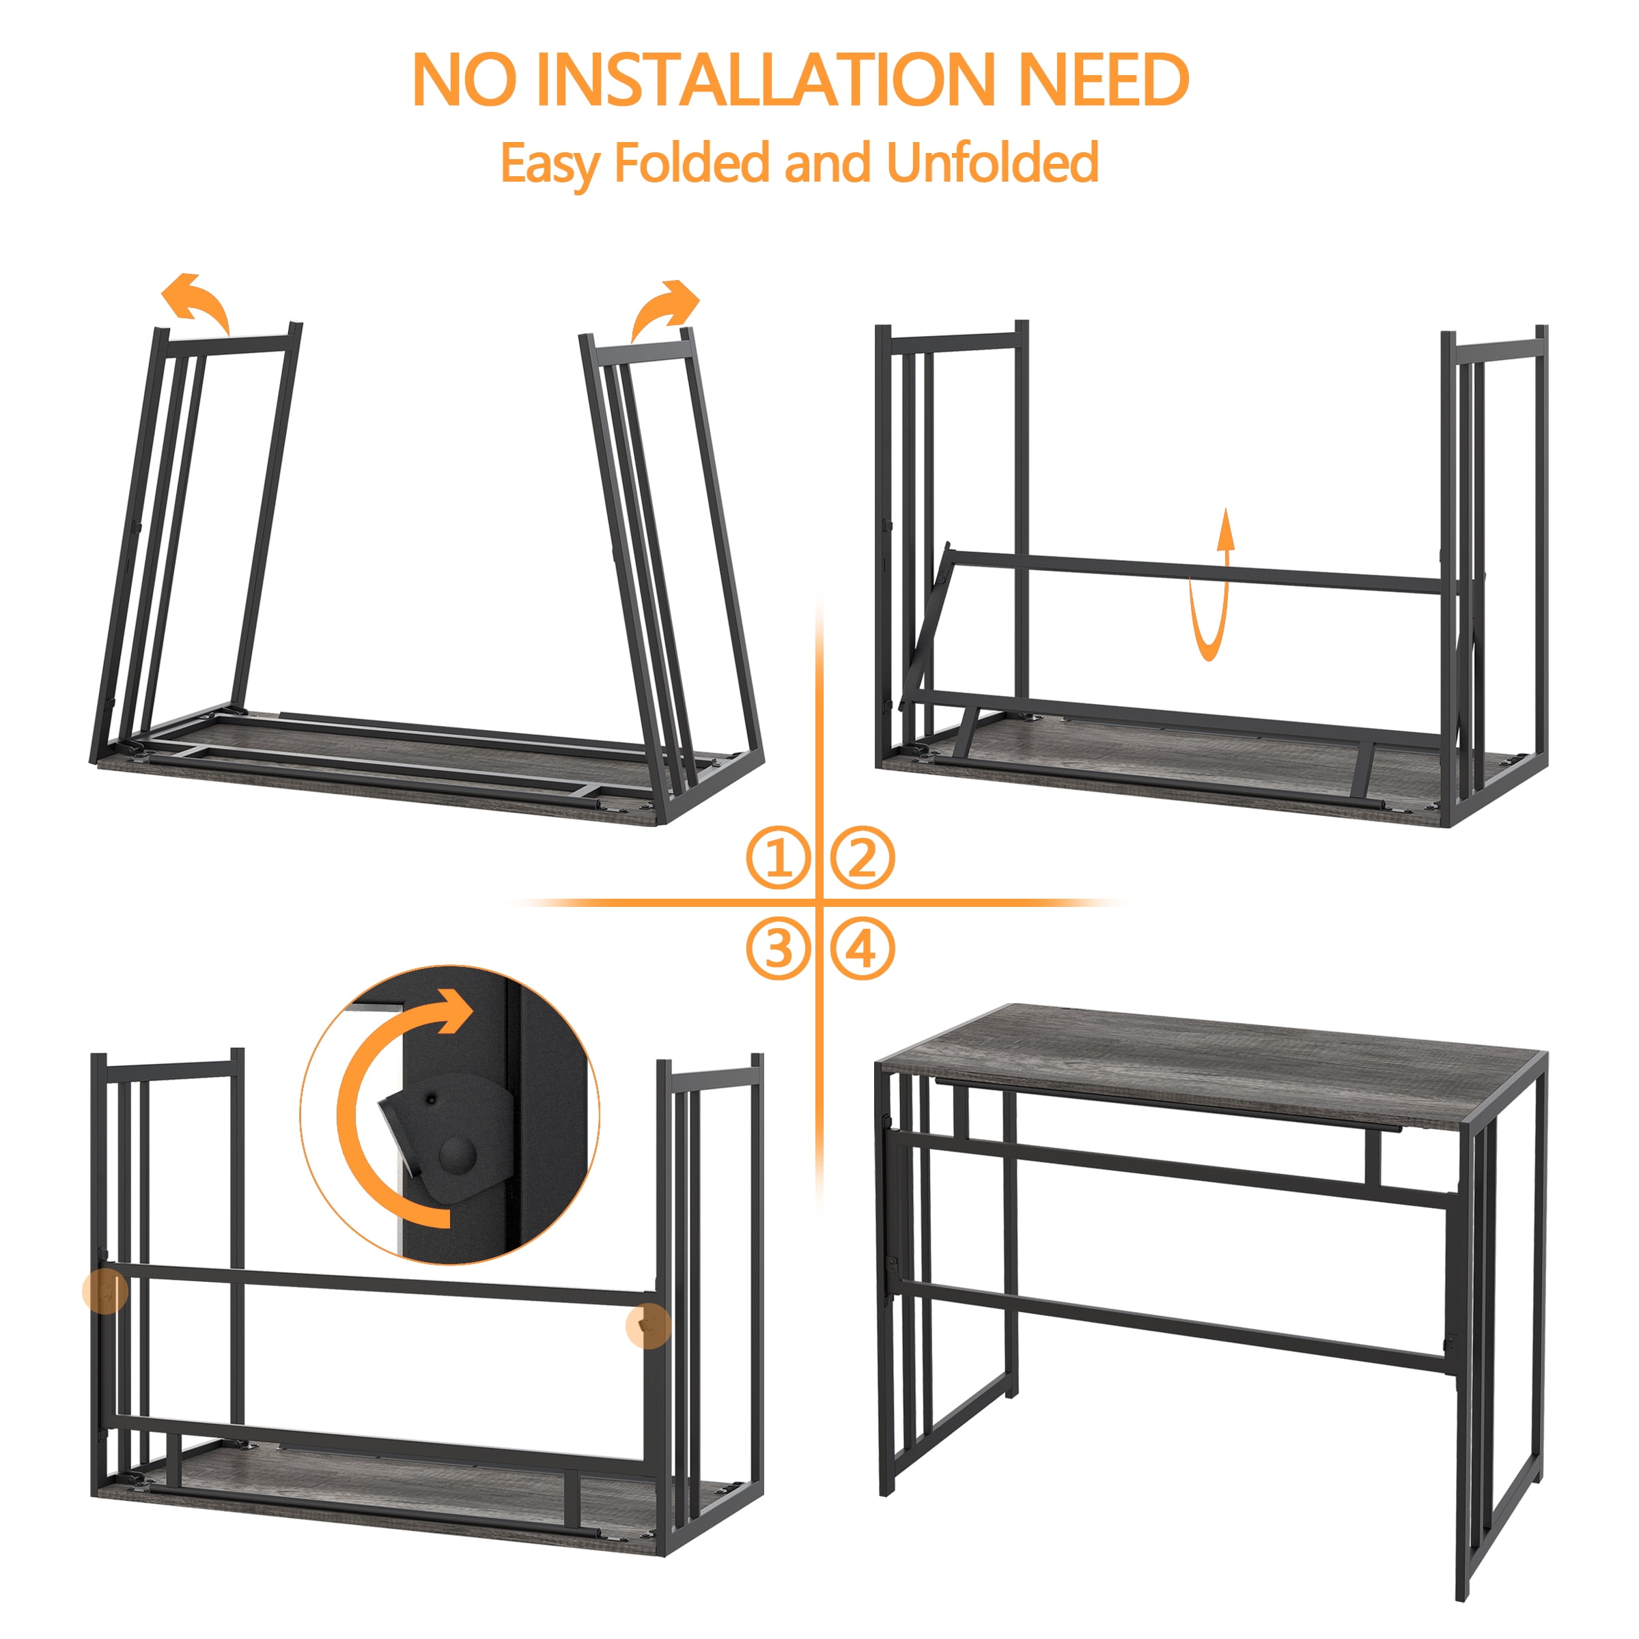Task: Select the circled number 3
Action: click(778, 949)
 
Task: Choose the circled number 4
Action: click(862, 949)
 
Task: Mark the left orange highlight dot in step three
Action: click(105, 1292)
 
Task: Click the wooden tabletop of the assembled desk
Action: click(1211, 1068)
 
